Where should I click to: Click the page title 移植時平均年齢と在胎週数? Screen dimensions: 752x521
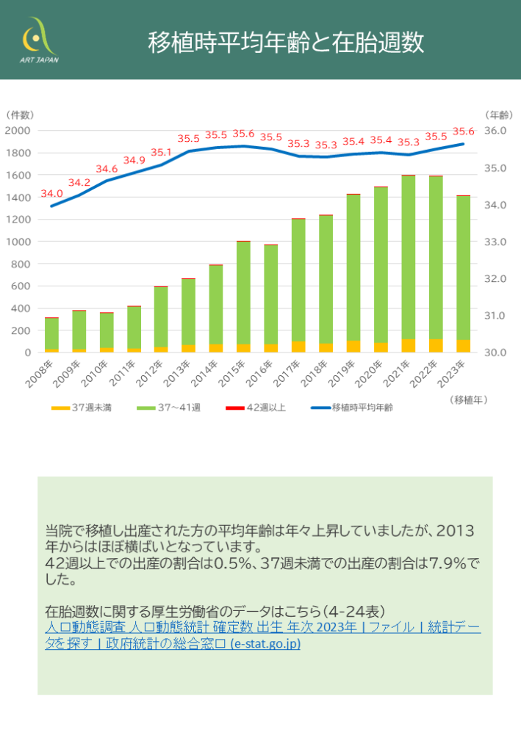(x=286, y=42)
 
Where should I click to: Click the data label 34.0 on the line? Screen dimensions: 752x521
(x=51, y=194)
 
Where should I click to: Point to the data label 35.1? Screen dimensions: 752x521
(x=161, y=153)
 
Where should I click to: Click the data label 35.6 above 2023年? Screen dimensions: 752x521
(x=463, y=131)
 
